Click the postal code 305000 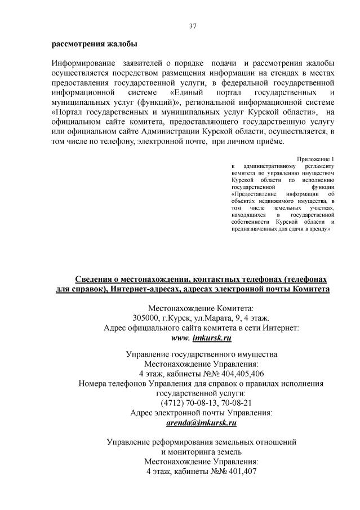click(147, 317)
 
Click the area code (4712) click(173, 403)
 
